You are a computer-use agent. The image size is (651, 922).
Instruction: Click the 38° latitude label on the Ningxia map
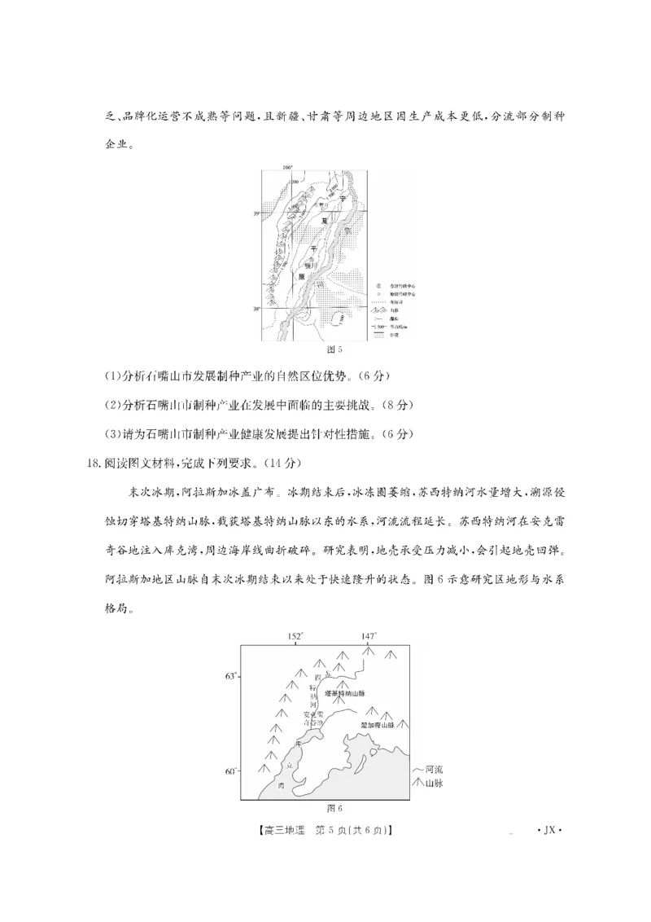(x=255, y=310)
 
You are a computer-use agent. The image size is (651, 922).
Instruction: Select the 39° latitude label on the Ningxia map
(x=255, y=213)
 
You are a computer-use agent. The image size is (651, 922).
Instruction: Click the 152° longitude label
(x=295, y=636)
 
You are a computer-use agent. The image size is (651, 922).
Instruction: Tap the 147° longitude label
(x=369, y=636)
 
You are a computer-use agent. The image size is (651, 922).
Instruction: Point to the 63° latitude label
(x=229, y=676)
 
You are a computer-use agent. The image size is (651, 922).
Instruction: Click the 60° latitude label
(x=229, y=771)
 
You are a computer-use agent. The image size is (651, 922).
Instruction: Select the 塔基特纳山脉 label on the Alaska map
(x=345, y=693)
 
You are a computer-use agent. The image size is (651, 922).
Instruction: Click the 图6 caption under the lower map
(x=334, y=808)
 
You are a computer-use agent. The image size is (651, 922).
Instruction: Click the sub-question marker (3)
(x=112, y=434)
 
